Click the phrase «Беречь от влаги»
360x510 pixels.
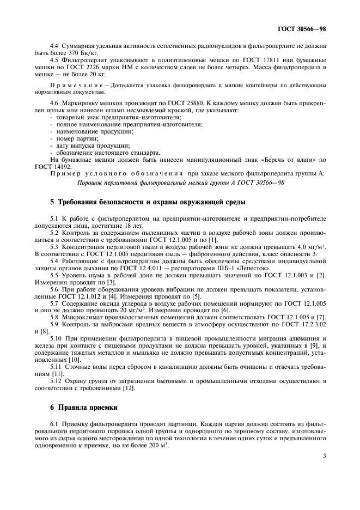[284, 160]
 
